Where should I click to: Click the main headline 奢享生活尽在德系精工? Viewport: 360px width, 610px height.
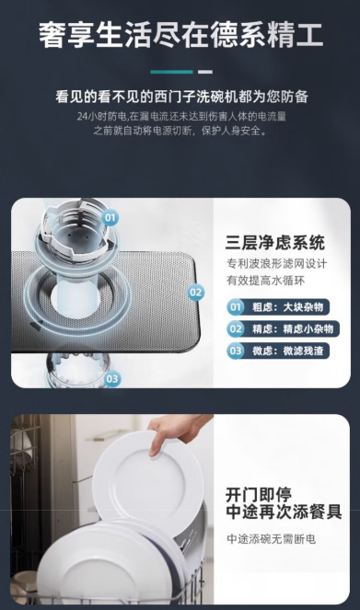click(x=181, y=35)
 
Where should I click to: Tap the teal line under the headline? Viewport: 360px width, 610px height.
click(x=171, y=72)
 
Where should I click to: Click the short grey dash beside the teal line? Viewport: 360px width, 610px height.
click(x=205, y=72)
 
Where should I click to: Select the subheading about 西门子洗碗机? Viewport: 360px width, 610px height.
click(x=181, y=97)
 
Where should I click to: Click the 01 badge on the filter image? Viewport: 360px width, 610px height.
click(x=110, y=217)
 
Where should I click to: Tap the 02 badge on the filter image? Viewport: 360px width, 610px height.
click(x=196, y=293)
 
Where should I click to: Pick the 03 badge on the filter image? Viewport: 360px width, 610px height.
click(x=111, y=378)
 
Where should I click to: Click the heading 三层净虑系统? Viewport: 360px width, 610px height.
click(x=274, y=243)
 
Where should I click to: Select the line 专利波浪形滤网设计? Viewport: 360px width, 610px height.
click(x=277, y=264)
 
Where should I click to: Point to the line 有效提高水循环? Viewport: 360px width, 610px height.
click(x=266, y=281)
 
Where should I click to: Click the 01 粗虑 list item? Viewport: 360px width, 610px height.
click(x=278, y=307)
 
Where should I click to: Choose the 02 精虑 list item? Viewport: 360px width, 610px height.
click(x=283, y=328)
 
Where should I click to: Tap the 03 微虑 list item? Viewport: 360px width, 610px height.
click(x=278, y=351)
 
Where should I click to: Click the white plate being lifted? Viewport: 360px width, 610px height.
click(x=148, y=482)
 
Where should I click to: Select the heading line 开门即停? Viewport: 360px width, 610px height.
click(x=259, y=495)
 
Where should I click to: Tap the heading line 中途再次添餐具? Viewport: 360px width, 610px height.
click(x=284, y=512)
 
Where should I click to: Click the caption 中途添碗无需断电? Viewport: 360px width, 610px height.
click(x=272, y=539)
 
